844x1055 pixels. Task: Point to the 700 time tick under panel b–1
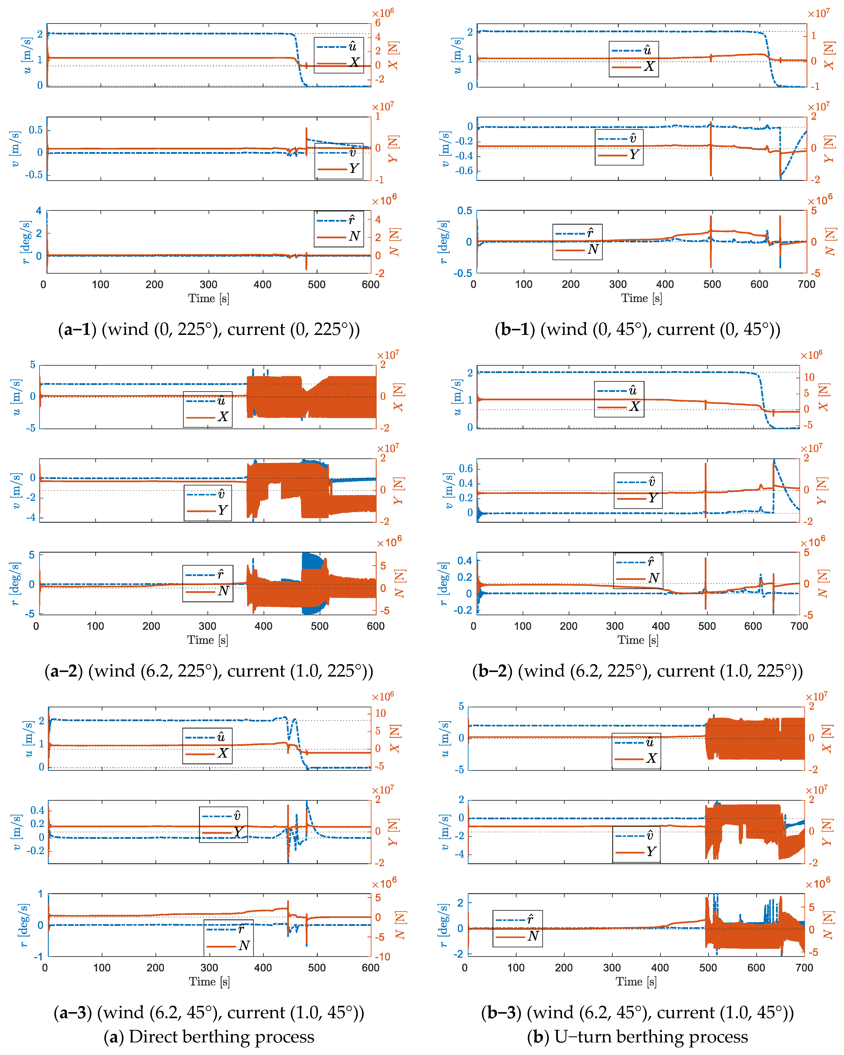point(806,284)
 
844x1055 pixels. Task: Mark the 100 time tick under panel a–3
point(102,968)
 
